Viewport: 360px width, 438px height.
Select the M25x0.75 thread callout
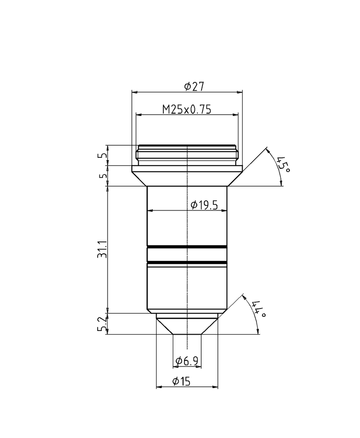pyautogui.click(x=187, y=109)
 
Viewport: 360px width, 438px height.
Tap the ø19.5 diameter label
pyautogui.click(x=204, y=206)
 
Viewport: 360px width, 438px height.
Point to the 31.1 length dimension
pyautogui.click(x=103, y=250)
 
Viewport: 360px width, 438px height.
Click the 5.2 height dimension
pyautogui.click(x=103, y=324)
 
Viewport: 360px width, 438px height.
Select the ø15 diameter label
pyautogui.click(x=182, y=381)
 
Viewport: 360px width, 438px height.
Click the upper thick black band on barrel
pyautogui.click(x=187, y=247)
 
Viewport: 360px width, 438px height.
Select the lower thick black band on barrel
pyautogui.click(x=187, y=262)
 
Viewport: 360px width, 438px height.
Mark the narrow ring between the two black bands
pyautogui.click(x=187, y=255)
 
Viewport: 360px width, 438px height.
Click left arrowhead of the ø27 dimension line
pyautogui.click(x=134, y=92)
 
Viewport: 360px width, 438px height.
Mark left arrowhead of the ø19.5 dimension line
pyautogui.click(x=150, y=210)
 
